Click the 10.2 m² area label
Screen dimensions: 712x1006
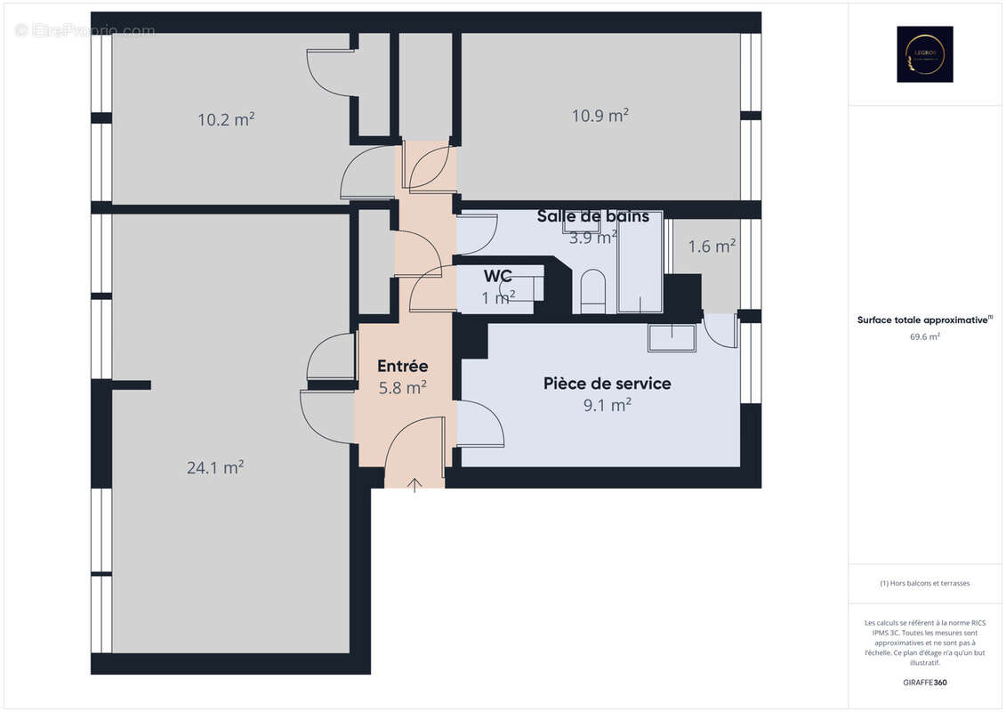pyautogui.click(x=226, y=119)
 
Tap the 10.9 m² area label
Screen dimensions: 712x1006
pyautogui.click(x=600, y=115)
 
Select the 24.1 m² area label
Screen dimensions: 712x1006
pyautogui.click(x=215, y=467)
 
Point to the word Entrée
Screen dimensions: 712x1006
pyautogui.click(x=403, y=366)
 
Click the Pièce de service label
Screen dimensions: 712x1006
pyautogui.click(x=608, y=384)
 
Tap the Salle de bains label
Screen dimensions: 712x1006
pyautogui.click(x=593, y=216)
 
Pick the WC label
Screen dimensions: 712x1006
pyautogui.click(x=498, y=276)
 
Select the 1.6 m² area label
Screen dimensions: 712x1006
pyautogui.click(x=712, y=247)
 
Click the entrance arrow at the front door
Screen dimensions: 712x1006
pyautogui.click(x=415, y=484)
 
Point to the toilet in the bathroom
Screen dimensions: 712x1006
pyautogui.click(x=592, y=292)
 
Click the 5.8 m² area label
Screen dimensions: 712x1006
pyautogui.click(x=403, y=387)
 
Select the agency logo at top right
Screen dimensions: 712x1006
pyautogui.click(x=924, y=54)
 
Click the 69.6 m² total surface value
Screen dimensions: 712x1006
pyautogui.click(x=924, y=337)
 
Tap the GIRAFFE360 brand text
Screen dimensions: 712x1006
pyautogui.click(x=924, y=683)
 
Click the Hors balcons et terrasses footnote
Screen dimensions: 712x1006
pyautogui.click(x=924, y=583)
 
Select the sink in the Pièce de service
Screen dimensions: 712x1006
pyautogui.click(x=672, y=338)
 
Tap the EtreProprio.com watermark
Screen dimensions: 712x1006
pyautogui.click(x=85, y=30)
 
